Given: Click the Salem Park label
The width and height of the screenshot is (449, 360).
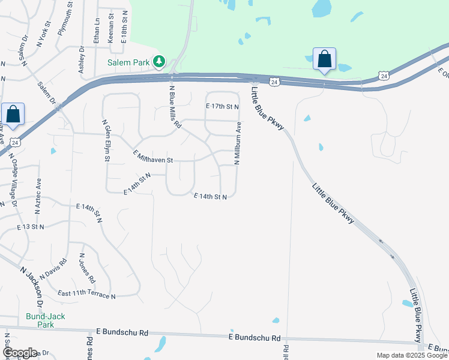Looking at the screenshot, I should tap(129, 62).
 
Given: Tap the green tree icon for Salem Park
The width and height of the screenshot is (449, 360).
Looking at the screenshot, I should tap(159, 61).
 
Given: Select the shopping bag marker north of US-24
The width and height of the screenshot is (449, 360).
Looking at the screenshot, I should tap(324, 59).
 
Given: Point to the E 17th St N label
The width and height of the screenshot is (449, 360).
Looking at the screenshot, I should tap(222, 106).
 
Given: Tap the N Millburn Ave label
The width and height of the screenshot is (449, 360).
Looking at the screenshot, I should tap(238, 140).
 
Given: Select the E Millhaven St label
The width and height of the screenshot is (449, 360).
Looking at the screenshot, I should tap(152, 158).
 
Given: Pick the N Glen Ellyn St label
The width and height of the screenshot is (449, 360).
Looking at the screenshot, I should tap(104, 140).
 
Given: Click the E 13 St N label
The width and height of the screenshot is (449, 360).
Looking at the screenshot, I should tap(31, 227).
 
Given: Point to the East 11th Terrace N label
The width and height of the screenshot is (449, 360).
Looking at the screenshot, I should tap(86, 294).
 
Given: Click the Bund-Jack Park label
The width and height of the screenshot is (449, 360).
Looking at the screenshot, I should tap(45, 320).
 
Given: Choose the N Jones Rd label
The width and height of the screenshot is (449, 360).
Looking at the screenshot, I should tap(87, 268).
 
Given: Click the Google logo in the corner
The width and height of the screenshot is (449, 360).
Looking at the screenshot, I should tap(20, 353).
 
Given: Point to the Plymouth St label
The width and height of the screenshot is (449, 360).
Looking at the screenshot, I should tap(65, 19).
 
